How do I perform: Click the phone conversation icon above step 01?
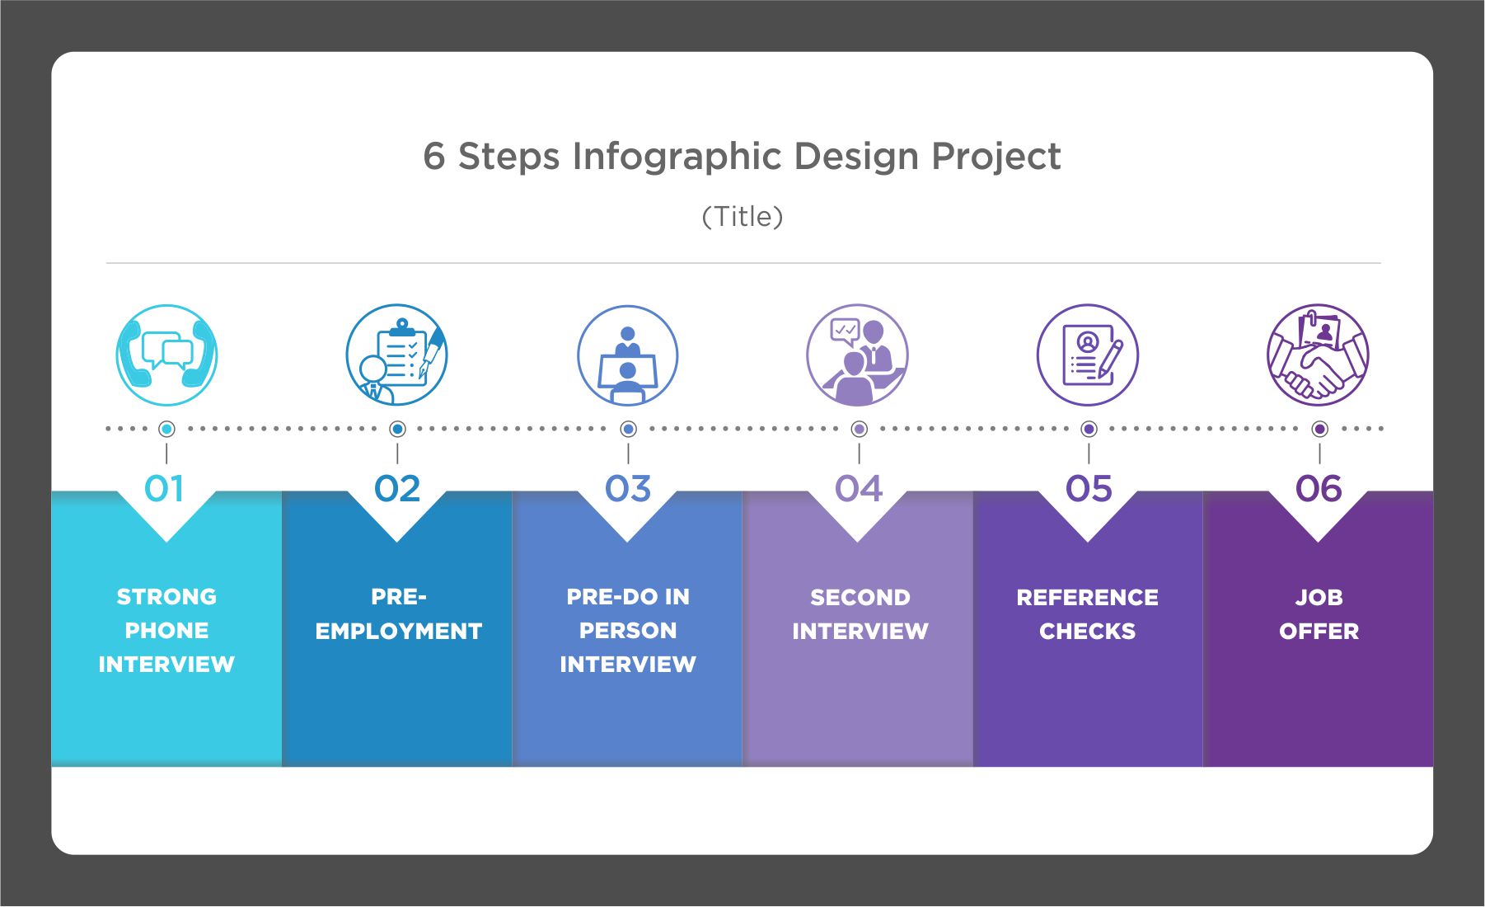166,355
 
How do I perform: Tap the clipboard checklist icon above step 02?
397,355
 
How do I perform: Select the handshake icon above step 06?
1318,355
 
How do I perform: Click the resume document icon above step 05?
1088,355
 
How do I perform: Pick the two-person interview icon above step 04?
857,355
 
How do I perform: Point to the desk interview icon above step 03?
627,355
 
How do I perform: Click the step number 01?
165,489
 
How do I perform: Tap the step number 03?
628,489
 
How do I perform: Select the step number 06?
1319,489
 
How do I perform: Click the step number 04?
859,489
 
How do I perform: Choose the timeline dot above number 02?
397,429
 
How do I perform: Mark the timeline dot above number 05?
1089,429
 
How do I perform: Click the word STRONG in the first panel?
166,596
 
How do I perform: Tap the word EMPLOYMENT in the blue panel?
399,631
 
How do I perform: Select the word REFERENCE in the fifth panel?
1087,597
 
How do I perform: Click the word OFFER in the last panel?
1319,631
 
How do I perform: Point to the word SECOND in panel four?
860,597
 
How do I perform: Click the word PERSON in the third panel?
628,630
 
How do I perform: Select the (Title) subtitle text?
742,217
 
